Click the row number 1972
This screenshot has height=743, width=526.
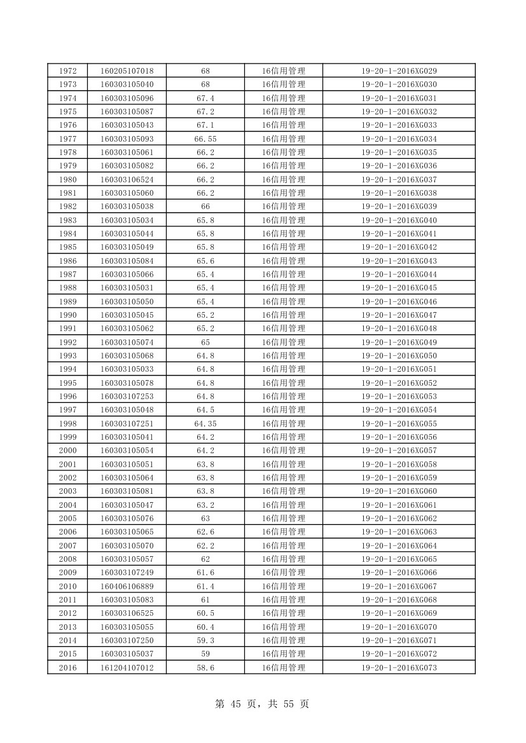(67, 71)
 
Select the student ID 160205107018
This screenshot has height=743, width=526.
(127, 71)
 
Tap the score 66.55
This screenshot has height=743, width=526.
(205, 139)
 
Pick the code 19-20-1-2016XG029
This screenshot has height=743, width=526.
(399, 71)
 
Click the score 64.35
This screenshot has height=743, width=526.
(205, 423)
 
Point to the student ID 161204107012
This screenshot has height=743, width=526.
(127, 667)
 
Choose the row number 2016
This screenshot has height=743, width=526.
(67, 667)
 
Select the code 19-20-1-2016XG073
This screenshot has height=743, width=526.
(399, 667)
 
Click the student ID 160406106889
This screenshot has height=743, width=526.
(127, 586)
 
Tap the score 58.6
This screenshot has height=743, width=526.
(205, 667)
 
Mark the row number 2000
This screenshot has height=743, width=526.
(67, 451)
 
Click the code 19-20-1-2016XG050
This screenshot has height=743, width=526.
(399, 355)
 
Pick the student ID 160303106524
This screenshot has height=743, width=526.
(127, 179)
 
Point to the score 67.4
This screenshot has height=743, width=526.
(205, 98)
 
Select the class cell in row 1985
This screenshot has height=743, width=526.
(283, 247)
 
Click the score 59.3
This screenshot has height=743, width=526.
(205, 640)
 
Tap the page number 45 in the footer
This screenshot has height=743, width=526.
(239, 704)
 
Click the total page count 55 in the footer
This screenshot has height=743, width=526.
(283, 704)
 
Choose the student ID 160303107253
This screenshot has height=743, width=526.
(127, 396)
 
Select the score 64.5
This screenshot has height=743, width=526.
(205, 410)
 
